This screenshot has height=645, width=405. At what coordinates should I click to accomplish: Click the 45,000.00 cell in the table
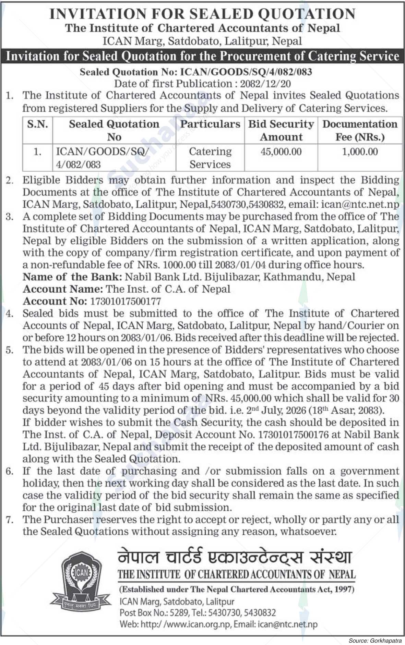click(x=281, y=152)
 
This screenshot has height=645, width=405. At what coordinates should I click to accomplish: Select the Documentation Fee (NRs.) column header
click(x=360, y=130)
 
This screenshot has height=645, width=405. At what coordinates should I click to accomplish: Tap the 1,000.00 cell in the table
click(x=360, y=152)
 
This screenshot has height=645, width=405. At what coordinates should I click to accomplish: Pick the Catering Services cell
click(x=210, y=158)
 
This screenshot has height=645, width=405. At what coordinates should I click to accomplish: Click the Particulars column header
click(x=210, y=124)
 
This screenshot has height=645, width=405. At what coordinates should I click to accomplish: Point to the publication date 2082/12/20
click(x=265, y=84)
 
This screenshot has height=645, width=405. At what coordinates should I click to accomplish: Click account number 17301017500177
click(x=125, y=301)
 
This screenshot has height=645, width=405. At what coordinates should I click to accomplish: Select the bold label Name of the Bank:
click(x=72, y=277)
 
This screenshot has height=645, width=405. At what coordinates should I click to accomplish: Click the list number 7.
click(x=9, y=520)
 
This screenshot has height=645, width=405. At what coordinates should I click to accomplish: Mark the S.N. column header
click(x=37, y=124)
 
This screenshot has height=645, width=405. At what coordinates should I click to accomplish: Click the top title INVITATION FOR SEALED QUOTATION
click(x=202, y=14)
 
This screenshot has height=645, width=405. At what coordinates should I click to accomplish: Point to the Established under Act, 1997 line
click(x=237, y=589)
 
